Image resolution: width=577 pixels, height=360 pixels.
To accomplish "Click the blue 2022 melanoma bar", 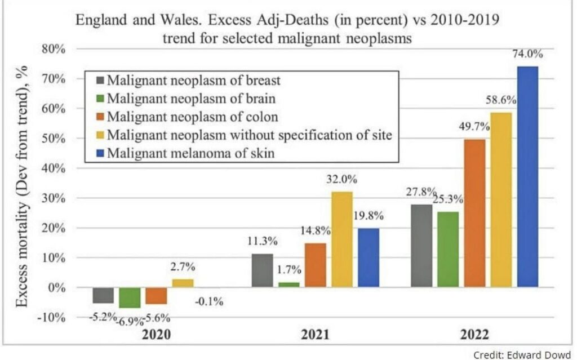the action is click(527, 177).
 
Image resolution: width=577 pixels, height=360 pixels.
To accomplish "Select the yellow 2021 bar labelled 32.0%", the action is click(342, 239).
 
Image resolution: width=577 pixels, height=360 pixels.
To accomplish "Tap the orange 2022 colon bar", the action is click(474, 213).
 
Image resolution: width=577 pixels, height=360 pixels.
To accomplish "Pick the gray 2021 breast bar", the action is click(263, 270).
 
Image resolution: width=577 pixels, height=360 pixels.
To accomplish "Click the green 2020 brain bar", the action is click(130, 297).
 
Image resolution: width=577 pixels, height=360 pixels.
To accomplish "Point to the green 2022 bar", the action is click(448, 250).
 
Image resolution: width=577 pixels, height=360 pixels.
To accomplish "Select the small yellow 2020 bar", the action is click(183, 283).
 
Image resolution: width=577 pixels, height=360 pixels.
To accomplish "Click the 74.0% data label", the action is click(527, 54).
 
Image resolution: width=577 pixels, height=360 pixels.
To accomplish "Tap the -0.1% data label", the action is click(209, 302).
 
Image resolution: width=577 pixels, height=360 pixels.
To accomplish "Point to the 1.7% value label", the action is click(289, 270).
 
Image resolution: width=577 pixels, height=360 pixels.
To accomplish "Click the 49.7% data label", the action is click(474, 127).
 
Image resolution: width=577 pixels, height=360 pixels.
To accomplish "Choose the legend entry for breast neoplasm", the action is click(188, 80).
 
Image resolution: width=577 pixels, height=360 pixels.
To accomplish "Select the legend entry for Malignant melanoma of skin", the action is click(185, 153).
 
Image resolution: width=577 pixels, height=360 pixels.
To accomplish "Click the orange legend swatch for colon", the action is click(100, 117).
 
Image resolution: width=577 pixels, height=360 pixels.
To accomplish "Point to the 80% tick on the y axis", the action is click(54, 49).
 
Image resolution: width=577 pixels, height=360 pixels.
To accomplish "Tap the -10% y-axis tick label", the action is click(51, 317).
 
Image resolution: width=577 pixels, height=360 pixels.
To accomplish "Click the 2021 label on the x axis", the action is click(316, 335).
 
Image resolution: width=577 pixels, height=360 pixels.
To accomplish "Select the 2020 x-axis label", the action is click(157, 335).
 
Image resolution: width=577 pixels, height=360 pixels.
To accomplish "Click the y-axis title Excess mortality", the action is click(22, 186).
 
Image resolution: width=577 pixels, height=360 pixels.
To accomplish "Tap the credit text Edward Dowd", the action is click(522, 354).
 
